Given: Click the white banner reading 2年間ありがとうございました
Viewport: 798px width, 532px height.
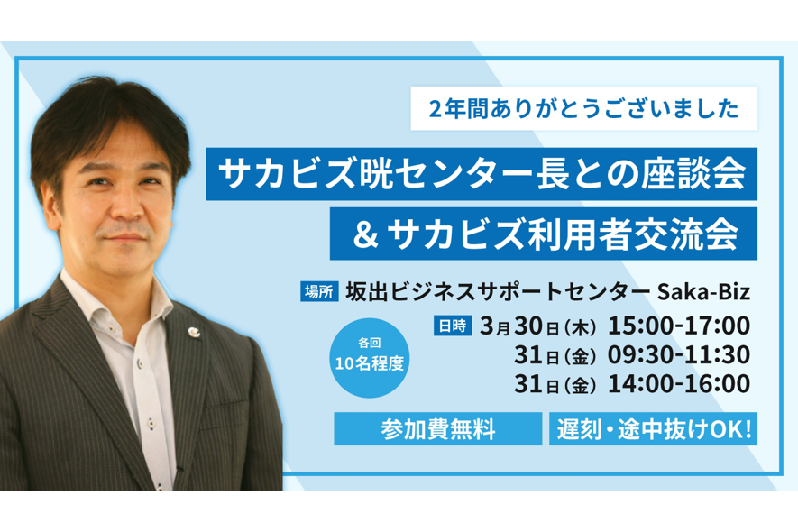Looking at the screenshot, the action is [583, 108].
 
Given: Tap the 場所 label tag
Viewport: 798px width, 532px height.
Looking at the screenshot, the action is [319, 292].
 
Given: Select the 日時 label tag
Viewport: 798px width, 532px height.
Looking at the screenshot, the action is [453, 326].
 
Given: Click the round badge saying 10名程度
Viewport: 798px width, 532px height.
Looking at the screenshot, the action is [370, 358].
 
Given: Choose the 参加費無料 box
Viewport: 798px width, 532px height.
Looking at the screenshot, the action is [437, 428].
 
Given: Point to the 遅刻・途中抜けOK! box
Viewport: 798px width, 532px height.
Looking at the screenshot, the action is [653, 428].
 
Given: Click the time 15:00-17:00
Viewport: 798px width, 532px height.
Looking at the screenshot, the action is [679, 326].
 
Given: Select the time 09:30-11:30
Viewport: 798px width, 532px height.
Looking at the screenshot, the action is [679, 355].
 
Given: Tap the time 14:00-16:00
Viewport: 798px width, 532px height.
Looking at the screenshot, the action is [679, 384].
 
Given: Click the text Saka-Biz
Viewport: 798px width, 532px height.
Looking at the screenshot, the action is [704, 292].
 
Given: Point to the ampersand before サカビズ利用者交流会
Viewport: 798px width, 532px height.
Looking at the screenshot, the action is [366, 234].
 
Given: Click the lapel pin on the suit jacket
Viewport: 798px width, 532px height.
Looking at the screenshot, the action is [194, 332].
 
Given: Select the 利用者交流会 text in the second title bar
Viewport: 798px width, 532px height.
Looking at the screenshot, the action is [633, 234].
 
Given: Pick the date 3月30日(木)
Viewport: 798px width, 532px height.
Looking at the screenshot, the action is [538, 326].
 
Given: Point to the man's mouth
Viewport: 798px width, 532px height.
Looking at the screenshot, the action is [124, 238].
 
